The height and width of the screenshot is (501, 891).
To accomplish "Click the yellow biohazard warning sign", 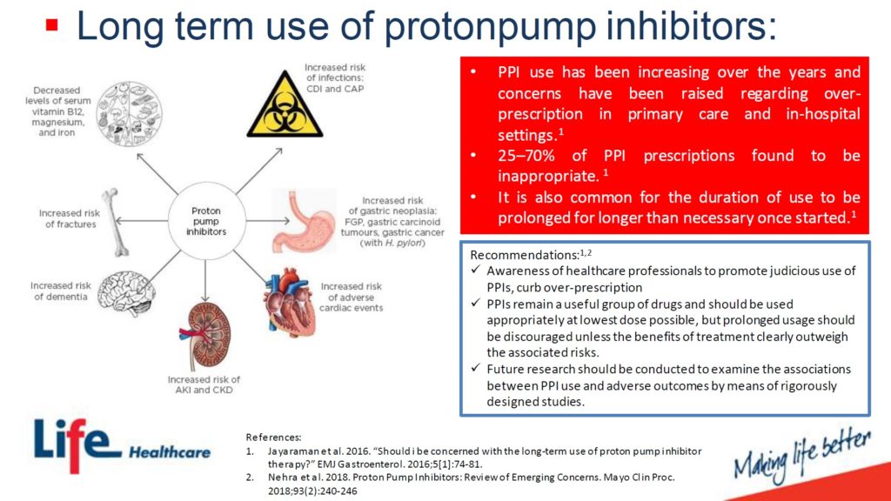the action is (x=285, y=106).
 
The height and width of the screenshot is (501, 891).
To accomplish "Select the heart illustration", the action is (x=289, y=304).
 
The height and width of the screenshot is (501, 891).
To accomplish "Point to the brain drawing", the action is (x=126, y=292).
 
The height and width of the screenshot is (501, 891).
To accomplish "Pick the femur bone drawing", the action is (x=116, y=222).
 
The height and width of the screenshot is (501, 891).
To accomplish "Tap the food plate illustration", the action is (x=130, y=114).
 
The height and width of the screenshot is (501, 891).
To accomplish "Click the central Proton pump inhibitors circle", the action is (x=206, y=221).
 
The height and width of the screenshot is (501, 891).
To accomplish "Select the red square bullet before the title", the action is (x=51, y=25).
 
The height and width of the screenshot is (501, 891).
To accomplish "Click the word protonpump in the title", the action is (x=491, y=27).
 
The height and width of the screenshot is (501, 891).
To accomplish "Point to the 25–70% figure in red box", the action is (x=526, y=156).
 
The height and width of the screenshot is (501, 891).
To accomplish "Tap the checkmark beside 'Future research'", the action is (x=476, y=368).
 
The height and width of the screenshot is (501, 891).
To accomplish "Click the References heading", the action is (x=273, y=438).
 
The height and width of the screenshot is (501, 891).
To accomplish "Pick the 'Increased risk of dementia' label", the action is (x=61, y=291).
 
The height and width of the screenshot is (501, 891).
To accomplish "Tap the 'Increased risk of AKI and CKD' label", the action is (x=204, y=384).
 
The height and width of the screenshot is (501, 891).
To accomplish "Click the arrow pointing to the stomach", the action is (x=260, y=220).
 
